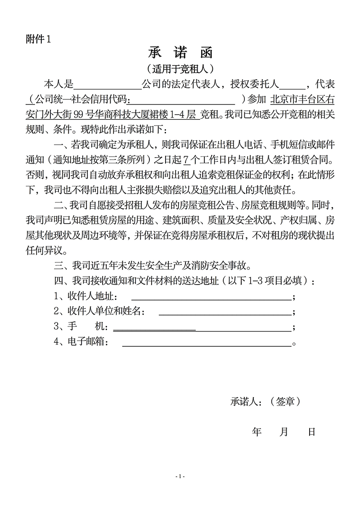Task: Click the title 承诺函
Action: [180, 54]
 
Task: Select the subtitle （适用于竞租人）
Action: [180, 69]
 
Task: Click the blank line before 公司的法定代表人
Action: [107, 84]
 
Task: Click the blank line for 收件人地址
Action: [211, 297]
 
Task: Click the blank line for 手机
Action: [202, 327]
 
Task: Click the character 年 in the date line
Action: [257, 432]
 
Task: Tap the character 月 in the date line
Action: [284, 432]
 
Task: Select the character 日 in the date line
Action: [311, 432]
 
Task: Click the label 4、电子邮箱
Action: [81, 342]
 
